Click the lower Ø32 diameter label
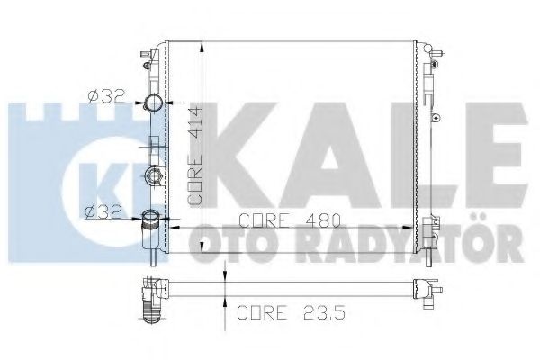102,213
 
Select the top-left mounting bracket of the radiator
145,59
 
